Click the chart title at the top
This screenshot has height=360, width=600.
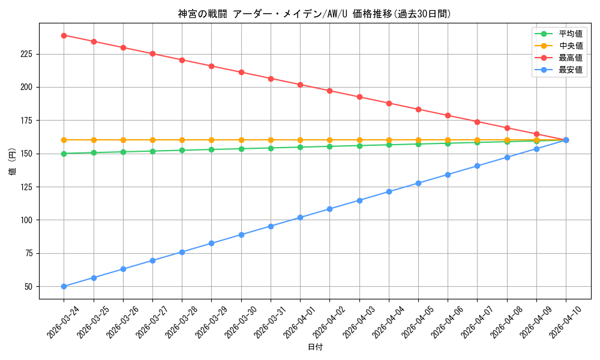click(314, 14)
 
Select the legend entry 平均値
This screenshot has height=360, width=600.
click(570, 34)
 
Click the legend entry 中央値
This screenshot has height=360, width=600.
click(570, 46)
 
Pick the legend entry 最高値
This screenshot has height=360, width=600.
click(570, 58)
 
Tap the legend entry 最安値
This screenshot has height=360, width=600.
click(570, 70)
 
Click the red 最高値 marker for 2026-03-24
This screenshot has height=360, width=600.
click(64, 35)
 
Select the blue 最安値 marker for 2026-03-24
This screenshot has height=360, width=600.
click(64, 286)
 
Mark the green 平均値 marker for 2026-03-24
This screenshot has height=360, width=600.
click(64, 154)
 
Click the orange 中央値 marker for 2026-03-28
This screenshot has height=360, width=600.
click(182, 140)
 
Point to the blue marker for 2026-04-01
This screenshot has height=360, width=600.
click(300, 217)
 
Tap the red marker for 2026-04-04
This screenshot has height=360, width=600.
click(389, 103)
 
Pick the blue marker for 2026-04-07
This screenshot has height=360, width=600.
click(478, 166)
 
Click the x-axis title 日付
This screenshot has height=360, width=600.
click(315, 347)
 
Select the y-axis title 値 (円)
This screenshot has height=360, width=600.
click(13, 161)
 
